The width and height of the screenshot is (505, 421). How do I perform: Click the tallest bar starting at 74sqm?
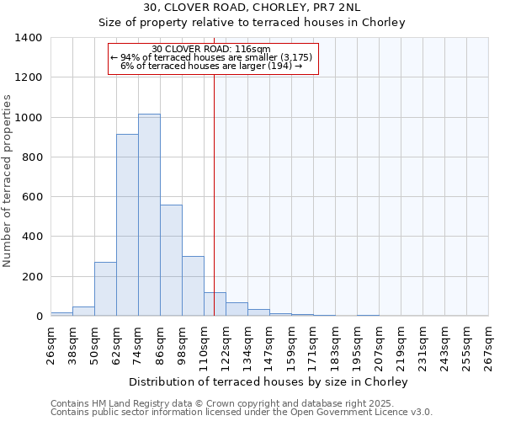pos(149,215)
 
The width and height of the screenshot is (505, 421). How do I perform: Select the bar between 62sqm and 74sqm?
pos(127,225)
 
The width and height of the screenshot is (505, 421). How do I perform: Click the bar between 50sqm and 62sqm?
pos(105,289)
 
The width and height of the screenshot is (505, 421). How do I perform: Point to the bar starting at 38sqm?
pos(83,312)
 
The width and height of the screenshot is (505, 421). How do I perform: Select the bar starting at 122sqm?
pos(237,309)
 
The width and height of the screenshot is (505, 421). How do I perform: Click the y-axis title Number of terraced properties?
pos(8,181)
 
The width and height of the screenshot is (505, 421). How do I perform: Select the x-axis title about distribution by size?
pos(268,381)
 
